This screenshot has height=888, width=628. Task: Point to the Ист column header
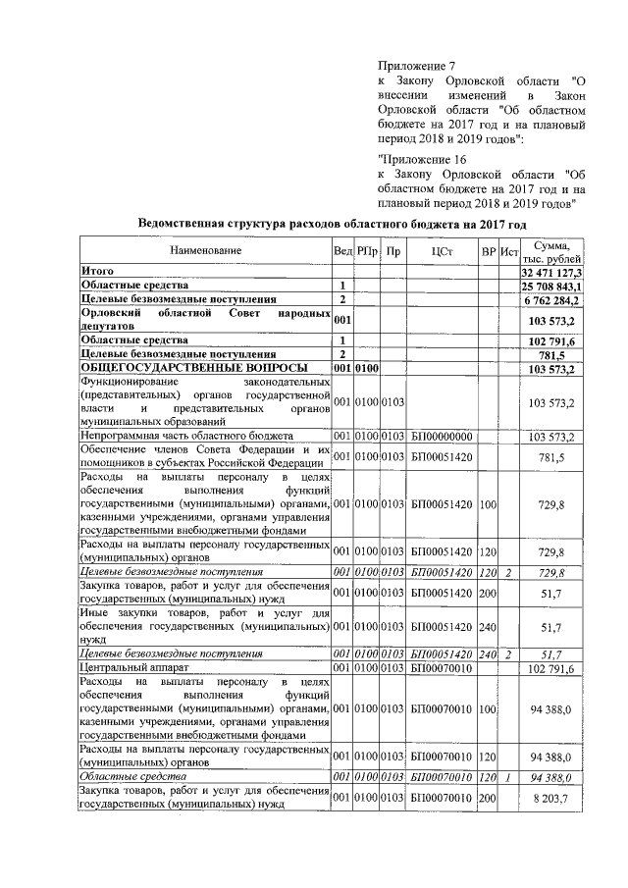(508, 252)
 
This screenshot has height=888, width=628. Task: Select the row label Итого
(98, 270)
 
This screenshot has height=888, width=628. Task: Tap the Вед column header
(341, 252)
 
